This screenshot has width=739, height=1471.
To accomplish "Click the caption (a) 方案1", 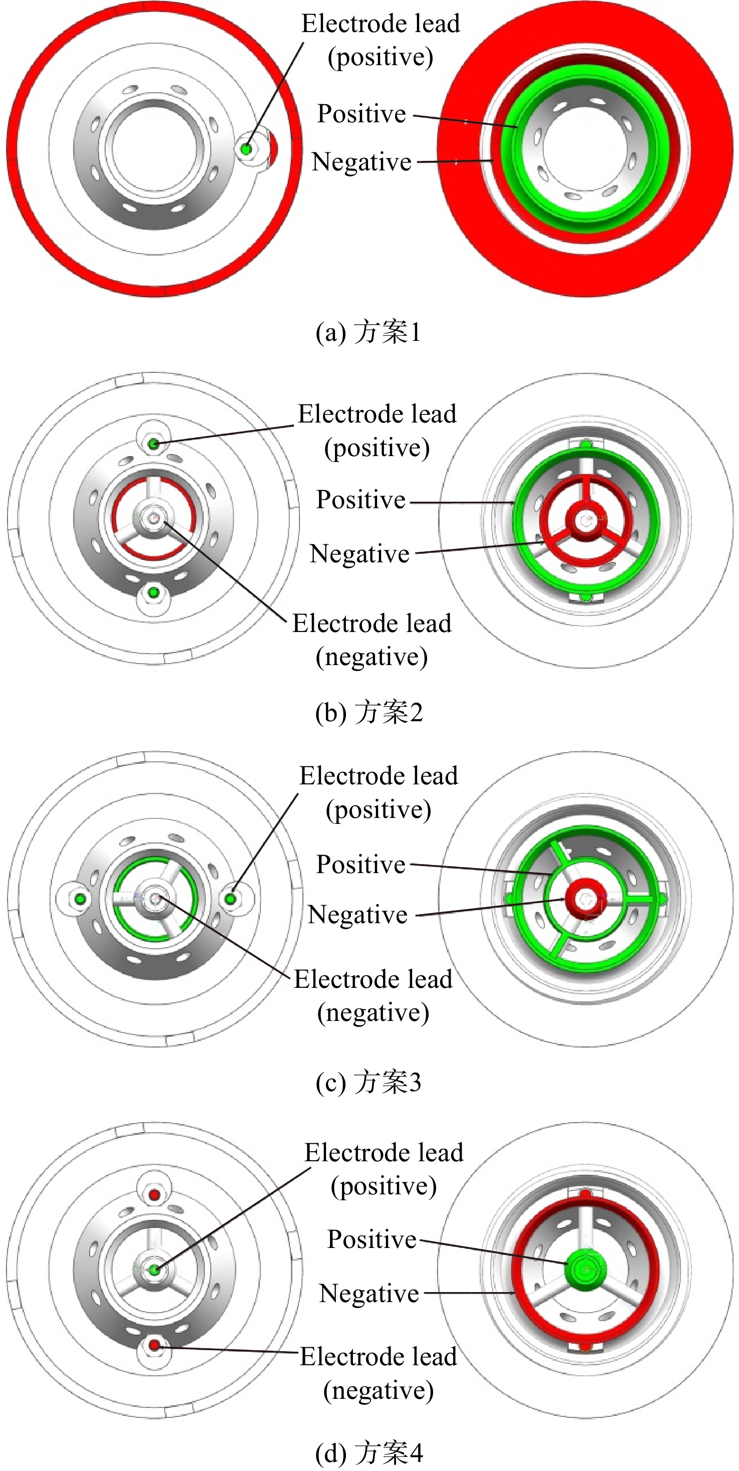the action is click(x=368, y=332).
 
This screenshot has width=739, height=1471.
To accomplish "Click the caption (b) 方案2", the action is click(x=368, y=712).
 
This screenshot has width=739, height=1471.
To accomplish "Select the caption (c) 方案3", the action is click(x=368, y=1081).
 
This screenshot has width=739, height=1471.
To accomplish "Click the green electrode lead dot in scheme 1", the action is click(x=246, y=149).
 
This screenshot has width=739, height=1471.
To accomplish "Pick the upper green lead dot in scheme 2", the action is click(x=153, y=443).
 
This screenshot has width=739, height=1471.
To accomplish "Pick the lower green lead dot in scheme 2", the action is click(x=153, y=593).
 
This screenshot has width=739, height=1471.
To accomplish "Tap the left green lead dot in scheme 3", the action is click(x=81, y=899).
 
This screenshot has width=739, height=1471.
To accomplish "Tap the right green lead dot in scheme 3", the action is click(x=230, y=899).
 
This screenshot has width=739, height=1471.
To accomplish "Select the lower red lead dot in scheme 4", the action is click(x=154, y=1345).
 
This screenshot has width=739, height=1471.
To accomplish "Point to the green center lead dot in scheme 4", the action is click(x=154, y=1270).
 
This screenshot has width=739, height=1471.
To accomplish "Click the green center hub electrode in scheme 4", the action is click(x=585, y=1269).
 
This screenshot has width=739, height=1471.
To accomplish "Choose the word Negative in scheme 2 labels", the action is click(x=359, y=554).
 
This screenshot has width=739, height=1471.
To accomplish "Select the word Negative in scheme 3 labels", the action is click(x=358, y=915).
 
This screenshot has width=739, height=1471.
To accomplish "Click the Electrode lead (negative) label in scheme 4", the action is click(x=379, y=1374).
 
